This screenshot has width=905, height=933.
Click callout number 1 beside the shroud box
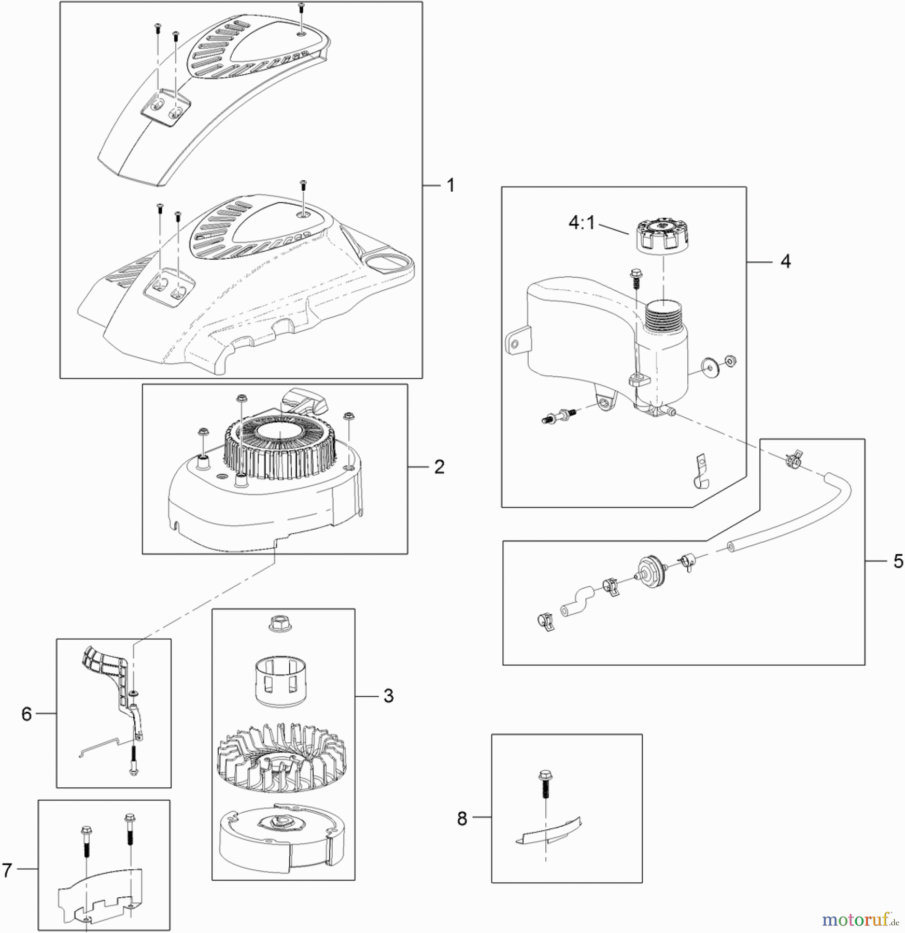point(450,185)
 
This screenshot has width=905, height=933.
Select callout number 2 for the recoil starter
point(439,467)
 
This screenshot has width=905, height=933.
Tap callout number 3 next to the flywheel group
point(388,696)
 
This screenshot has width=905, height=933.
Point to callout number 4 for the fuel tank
point(785,262)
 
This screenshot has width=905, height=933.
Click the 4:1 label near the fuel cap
point(582,223)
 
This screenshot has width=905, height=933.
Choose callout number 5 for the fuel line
point(898,561)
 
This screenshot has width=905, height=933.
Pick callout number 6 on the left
point(26,714)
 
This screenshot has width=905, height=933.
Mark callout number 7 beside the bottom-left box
point(7,870)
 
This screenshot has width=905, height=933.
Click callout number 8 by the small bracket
point(462,818)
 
